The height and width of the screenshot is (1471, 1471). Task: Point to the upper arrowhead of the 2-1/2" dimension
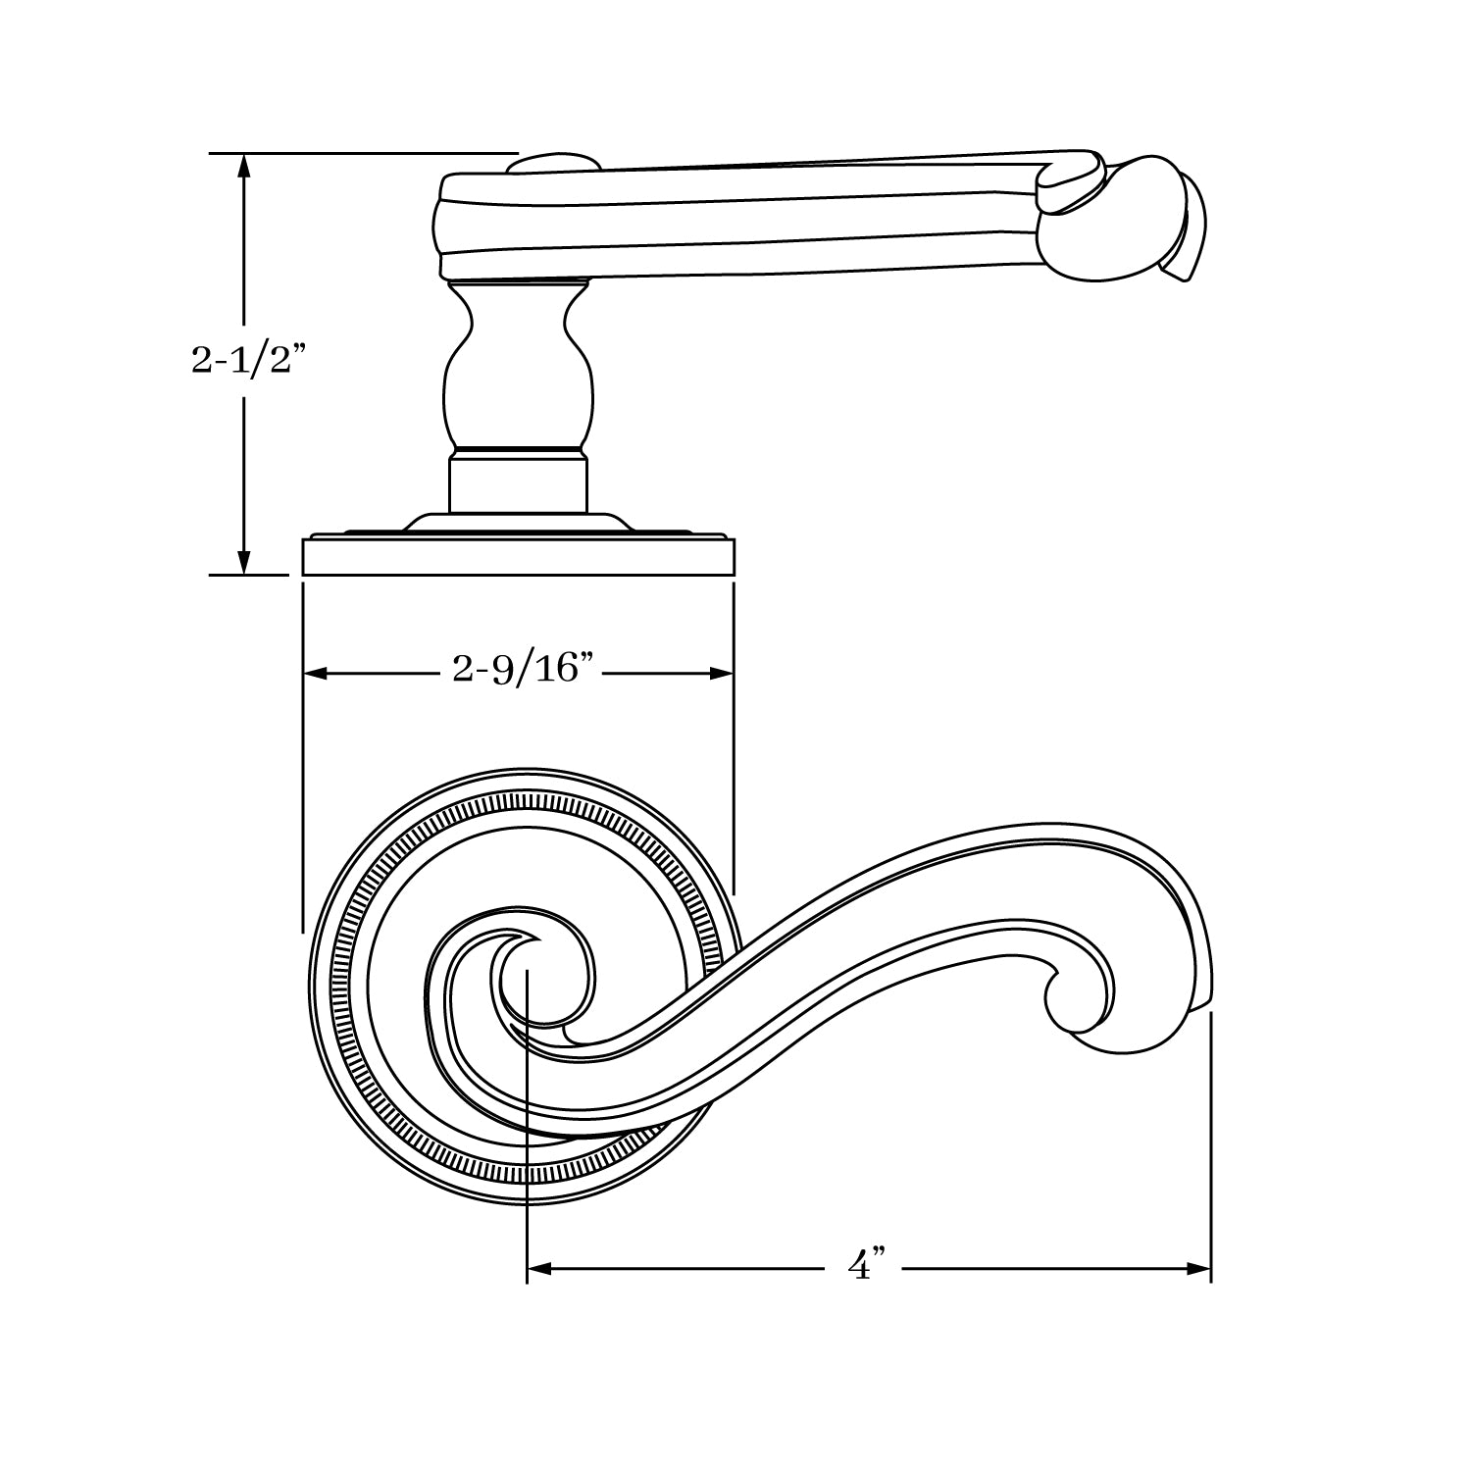[x=244, y=167]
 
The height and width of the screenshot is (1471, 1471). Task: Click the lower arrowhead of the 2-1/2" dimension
[x=244, y=562]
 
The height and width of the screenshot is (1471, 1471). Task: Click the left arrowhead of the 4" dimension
[x=540, y=1268]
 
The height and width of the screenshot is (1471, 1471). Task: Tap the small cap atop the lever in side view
[x=555, y=163]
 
